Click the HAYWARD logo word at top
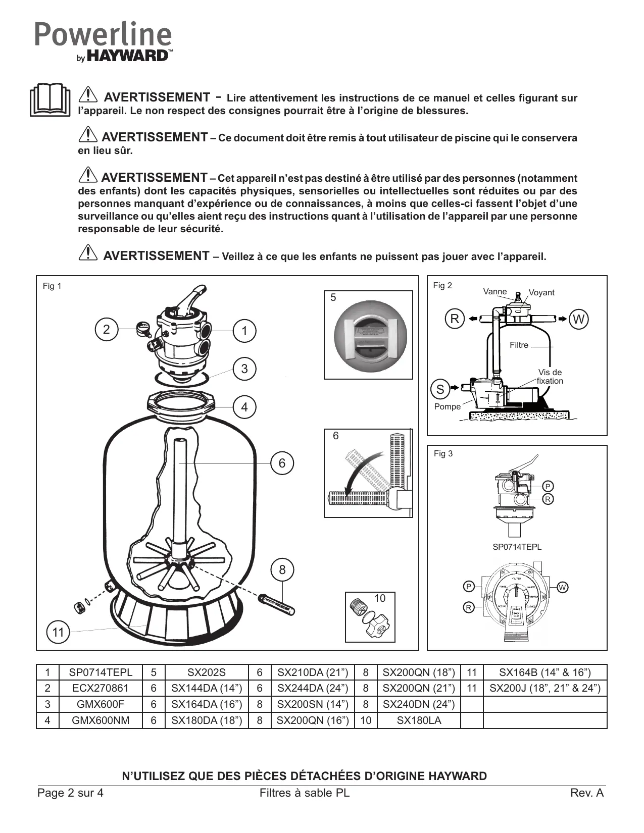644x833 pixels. point(128,56)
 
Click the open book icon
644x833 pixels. point(49,100)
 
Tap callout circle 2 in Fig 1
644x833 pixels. point(106,330)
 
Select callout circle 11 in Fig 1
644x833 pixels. point(58,633)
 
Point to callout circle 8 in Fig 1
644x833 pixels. point(282,570)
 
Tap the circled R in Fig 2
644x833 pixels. point(455,319)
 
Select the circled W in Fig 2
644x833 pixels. point(579,319)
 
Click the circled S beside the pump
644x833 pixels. point(440,389)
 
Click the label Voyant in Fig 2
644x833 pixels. point(541,293)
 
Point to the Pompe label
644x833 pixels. point(448,407)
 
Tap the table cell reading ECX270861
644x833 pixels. point(101,688)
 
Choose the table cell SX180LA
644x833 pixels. point(419,720)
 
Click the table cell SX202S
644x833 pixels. point(207,672)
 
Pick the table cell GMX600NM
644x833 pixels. point(101,720)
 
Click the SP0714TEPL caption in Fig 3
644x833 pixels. point(517,547)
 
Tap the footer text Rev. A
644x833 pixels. point(587,793)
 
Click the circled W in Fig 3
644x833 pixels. point(563,587)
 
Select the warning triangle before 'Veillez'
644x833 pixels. point(88,252)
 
